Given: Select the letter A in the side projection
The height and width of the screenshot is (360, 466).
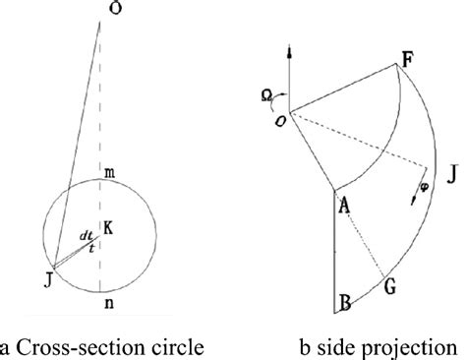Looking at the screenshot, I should tap(344, 205).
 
